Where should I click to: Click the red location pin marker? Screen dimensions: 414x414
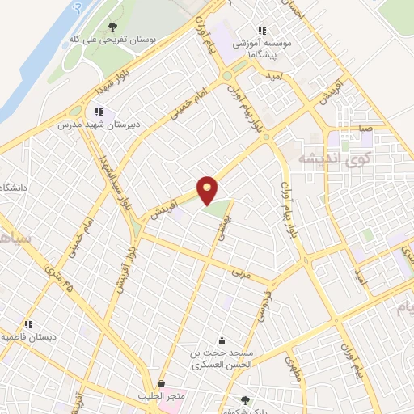click(x=208, y=189)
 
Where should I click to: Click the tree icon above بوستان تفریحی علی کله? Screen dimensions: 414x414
click(x=112, y=27)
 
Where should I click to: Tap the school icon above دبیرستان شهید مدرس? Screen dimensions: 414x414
click(x=98, y=112)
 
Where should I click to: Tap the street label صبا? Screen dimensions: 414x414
click(x=366, y=128)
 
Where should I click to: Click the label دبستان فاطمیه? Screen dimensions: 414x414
click(x=31, y=335)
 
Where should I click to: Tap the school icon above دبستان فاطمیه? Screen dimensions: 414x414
click(x=29, y=323)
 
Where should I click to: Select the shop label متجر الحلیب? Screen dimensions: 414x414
click(x=161, y=395)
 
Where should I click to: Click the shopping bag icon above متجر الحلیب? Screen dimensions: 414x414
click(x=161, y=384)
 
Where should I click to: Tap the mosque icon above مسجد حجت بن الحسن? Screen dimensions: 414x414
click(x=222, y=340)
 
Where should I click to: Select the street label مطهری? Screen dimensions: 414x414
click(x=294, y=368)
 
